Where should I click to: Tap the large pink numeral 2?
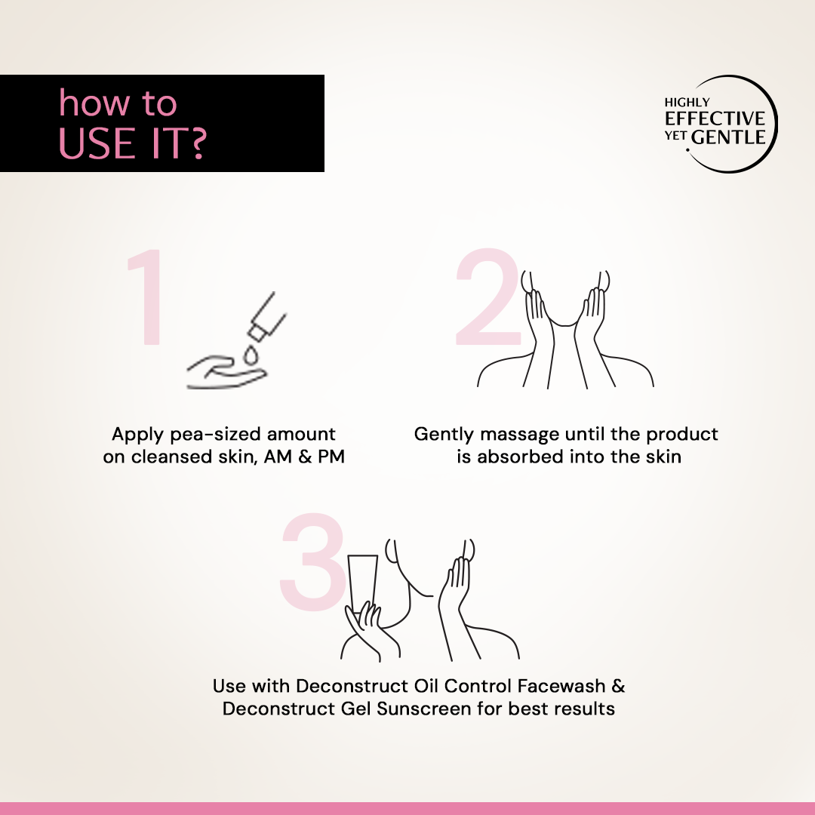(x=487, y=297)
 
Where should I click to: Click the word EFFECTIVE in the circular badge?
(x=715, y=118)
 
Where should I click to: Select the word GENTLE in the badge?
(x=728, y=137)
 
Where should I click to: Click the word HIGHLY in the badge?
(x=687, y=103)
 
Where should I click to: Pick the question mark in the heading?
(x=197, y=144)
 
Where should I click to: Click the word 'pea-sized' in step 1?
(x=216, y=434)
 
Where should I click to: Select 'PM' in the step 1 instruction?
(x=331, y=457)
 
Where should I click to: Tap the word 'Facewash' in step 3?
(x=561, y=686)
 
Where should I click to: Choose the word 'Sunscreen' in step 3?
(x=423, y=709)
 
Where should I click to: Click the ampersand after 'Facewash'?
(x=618, y=686)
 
